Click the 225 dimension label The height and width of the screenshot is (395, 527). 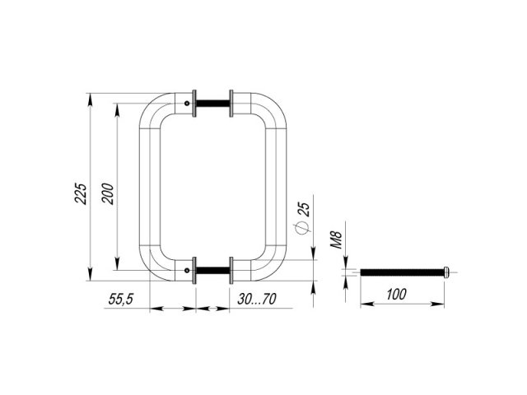(x=81, y=193)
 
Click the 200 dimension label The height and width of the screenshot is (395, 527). (x=108, y=193)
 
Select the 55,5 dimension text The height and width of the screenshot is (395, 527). (x=121, y=299)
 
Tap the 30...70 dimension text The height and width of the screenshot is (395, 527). (x=257, y=299)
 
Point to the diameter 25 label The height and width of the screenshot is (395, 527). (x=303, y=208)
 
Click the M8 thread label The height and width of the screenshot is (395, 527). (x=336, y=239)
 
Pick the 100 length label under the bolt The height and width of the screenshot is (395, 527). (x=396, y=295)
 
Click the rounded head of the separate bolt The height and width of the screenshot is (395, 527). (x=446, y=272)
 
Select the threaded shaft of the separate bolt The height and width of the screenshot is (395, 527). (x=402, y=272)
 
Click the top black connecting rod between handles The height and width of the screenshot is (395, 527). (x=212, y=103)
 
